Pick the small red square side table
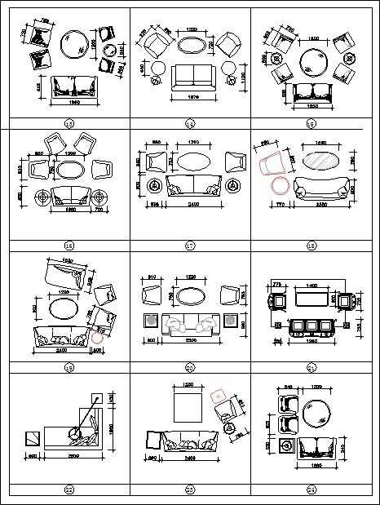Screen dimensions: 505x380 point(219,396)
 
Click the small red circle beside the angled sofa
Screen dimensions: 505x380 point(98,334)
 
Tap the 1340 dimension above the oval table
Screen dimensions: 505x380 point(194,143)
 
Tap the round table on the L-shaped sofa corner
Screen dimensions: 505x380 point(79,433)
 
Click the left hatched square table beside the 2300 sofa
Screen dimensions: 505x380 point(150,321)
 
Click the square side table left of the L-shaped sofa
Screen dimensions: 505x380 point(33,438)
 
